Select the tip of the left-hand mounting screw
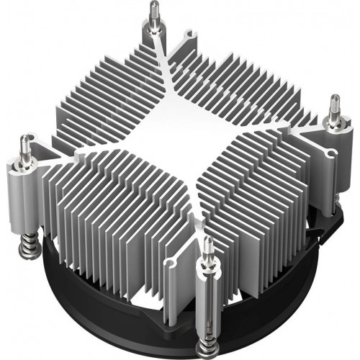[28, 138]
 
